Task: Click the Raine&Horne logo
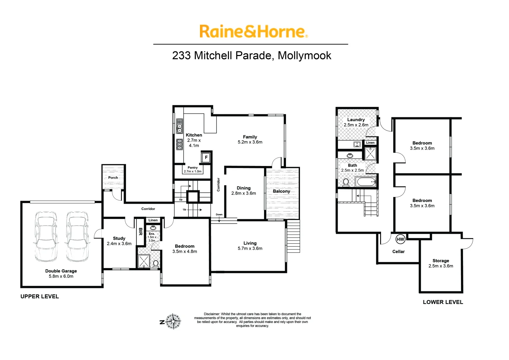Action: point(253,32)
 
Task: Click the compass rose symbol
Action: point(173,322)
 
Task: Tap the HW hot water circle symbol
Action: point(400,239)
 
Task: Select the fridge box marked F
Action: point(206,157)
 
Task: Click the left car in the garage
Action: point(46,236)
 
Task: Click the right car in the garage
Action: point(77,236)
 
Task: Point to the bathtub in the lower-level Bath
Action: point(366,182)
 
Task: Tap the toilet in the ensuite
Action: point(155,263)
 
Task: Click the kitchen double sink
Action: point(179,126)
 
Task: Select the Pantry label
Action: point(193,168)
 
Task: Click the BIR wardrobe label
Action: point(140,231)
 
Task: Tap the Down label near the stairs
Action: point(219,215)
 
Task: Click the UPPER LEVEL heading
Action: point(40,296)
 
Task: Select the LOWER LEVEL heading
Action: point(443,302)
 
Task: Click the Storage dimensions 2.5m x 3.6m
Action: point(441,266)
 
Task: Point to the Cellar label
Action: point(398,252)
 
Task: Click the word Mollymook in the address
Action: point(304,55)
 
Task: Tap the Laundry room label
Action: point(356,120)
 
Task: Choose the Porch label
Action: point(113,178)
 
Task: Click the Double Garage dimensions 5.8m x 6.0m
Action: point(61,276)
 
